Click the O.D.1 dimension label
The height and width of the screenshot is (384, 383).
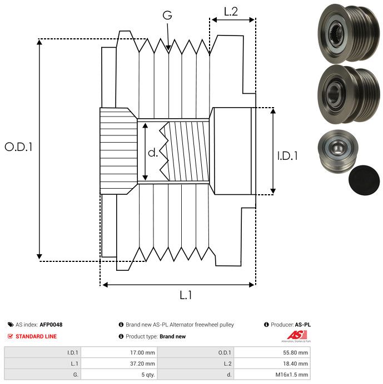[18, 147]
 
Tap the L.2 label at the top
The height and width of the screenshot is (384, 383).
[231, 12]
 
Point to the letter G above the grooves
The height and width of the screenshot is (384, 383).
[167, 15]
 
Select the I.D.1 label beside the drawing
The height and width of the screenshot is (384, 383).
[287, 156]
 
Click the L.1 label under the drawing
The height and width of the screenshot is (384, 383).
[186, 295]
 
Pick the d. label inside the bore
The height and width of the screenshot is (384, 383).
[153, 153]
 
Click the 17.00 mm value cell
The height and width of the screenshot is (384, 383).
[142, 353]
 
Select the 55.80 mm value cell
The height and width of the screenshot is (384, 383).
[295, 353]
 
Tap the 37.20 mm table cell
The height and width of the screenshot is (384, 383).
[142, 363]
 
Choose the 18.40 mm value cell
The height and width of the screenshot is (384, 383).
[295, 363]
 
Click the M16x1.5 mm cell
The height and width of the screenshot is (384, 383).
[291, 375]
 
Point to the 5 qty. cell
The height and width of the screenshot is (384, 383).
[148, 375]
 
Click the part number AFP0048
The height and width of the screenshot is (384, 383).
[51, 325]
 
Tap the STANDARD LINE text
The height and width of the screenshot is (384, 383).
[36, 336]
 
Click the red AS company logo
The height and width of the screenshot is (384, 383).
[297, 335]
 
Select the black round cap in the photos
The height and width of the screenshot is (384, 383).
[364, 180]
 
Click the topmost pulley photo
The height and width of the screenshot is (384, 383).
[349, 33]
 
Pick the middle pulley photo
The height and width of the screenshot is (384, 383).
[349, 94]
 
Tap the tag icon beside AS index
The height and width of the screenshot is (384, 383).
[11, 325]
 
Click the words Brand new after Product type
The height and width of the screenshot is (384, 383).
[172, 336]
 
